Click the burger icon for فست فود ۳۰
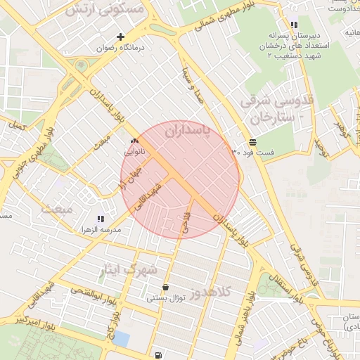(252, 141)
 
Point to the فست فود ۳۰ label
(254, 152)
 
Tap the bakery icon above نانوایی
(134, 141)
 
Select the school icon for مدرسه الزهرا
(101, 219)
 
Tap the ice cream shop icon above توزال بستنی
(165, 287)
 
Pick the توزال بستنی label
(165, 298)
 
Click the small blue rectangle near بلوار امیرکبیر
(122, 339)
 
